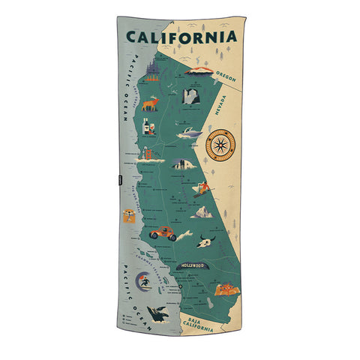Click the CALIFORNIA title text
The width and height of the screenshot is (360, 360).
(x=181, y=37)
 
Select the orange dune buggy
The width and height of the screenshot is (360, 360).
(x=163, y=233)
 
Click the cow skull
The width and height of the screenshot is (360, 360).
(x=207, y=241)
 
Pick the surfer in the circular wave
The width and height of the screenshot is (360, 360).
(x=143, y=283)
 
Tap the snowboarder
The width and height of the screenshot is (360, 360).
(x=201, y=187)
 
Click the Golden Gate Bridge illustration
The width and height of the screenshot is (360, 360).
(x=150, y=157)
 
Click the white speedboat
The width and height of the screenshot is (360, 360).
(x=189, y=133)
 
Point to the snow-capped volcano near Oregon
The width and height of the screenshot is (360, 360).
(x=200, y=71)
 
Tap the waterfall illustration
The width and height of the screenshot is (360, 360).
(x=190, y=97)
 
